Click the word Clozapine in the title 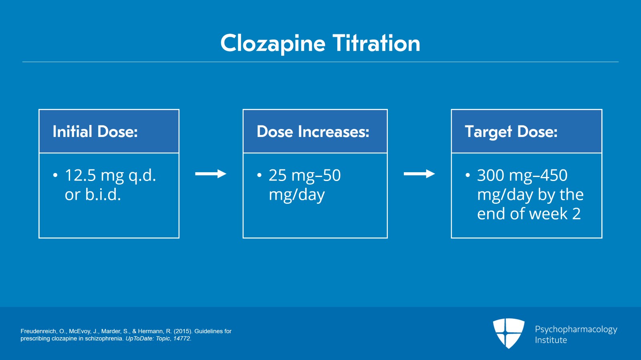click(273, 43)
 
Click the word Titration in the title click(376, 43)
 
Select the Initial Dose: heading click(95, 132)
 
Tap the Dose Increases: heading click(313, 132)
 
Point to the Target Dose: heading click(511, 132)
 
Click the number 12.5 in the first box click(81, 175)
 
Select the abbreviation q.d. click(142, 175)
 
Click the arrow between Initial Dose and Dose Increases click(211, 174)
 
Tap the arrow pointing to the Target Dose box click(419, 174)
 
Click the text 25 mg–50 click(304, 175)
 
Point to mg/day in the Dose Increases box click(296, 195)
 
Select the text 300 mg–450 click(522, 175)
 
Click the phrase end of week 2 click(529, 214)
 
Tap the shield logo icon click(508, 333)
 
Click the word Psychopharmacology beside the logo click(576, 330)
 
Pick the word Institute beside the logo click(551, 340)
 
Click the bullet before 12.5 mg click(55, 175)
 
